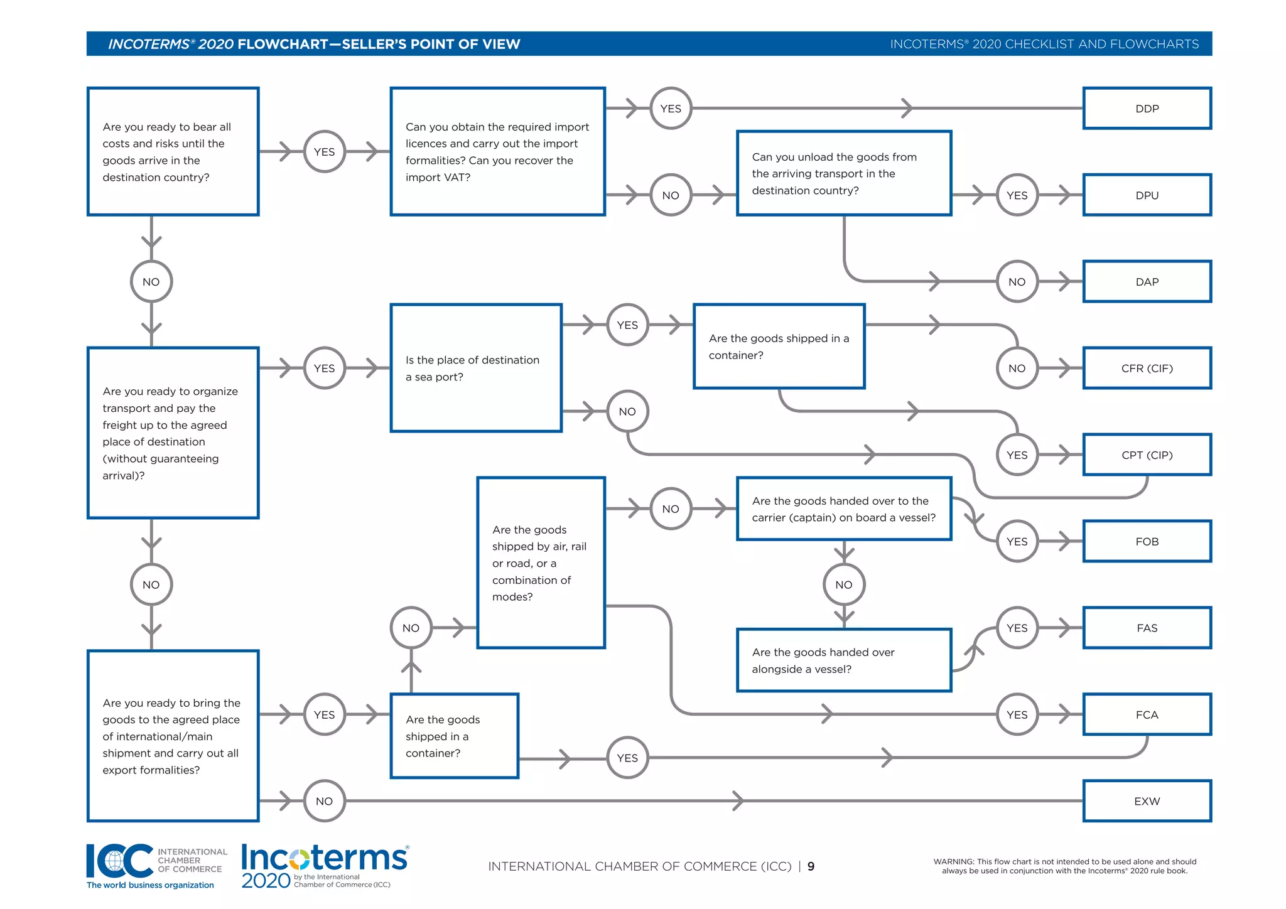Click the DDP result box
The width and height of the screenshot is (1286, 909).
[1147, 109]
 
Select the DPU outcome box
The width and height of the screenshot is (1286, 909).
[1147, 195]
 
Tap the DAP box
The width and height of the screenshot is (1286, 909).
[1147, 282]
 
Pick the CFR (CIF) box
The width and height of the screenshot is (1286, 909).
[1147, 368]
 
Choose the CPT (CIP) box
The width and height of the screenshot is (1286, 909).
[1147, 455]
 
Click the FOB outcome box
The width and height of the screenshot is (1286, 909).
[1147, 542]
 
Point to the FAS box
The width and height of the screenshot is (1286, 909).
[1147, 628]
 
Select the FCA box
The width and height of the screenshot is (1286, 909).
[1147, 715]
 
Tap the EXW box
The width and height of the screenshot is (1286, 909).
[1147, 802]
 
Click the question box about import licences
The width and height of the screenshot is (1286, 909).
[497, 152]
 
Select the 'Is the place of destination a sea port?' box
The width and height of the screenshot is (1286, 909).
[476, 368]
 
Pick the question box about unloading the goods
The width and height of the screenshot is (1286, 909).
[844, 174]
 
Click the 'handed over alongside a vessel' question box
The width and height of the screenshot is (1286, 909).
[844, 660]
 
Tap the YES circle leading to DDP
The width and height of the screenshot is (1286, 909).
[671, 109]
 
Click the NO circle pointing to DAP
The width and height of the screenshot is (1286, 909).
[1017, 282]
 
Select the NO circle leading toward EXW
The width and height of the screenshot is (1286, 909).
[324, 802]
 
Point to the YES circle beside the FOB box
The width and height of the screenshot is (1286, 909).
[1017, 542]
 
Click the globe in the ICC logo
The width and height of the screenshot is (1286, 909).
[115, 862]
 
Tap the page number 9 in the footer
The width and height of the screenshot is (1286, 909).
[811, 867]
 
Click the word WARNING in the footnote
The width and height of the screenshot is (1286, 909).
[953, 862]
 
